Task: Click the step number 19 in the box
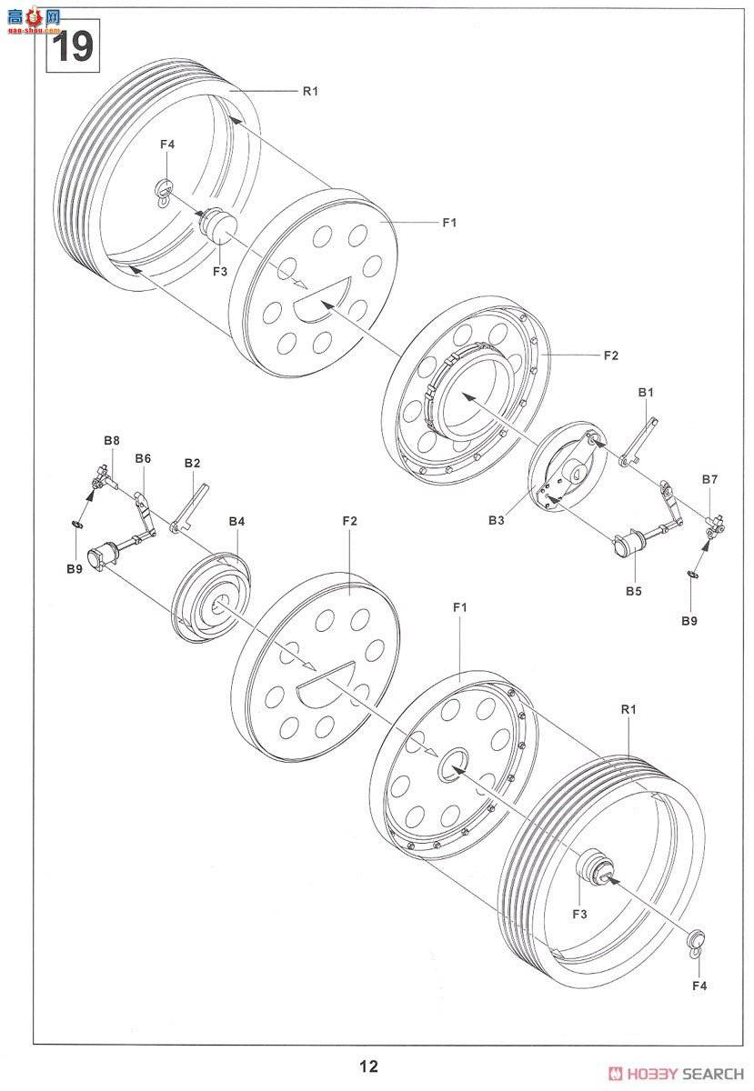click(x=73, y=46)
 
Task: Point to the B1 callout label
click(x=646, y=393)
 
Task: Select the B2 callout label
click(x=193, y=463)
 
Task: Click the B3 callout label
click(x=497, y=520)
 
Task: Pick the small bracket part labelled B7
click(x=715, y=528)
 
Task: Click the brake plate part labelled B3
click(x=567, y=466)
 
